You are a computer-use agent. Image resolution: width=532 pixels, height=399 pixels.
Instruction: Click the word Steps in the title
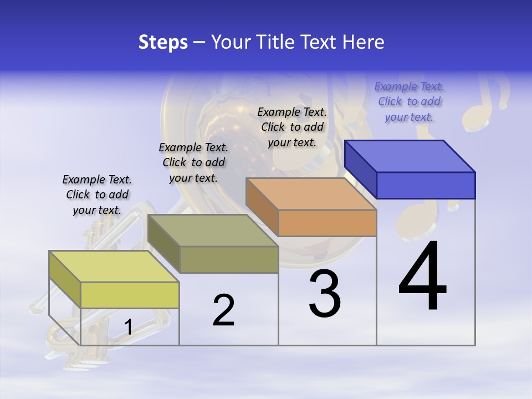[163, 42]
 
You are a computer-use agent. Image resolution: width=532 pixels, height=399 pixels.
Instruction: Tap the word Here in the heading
[364, 42]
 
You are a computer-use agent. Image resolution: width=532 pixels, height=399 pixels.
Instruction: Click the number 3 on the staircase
[325, 294]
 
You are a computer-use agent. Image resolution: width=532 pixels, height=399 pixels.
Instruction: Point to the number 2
[223, 310]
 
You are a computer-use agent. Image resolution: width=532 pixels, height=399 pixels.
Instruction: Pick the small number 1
[128, 328]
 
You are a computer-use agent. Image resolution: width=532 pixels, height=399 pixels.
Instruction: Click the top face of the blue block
[410, 156]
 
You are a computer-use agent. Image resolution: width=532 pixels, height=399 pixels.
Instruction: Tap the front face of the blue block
[426, 185]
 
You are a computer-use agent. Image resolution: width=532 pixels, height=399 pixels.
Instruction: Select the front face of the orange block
[327, 223]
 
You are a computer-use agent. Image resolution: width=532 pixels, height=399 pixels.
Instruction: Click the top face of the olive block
[213, 231]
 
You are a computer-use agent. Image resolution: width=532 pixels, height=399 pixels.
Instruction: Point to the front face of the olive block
[229, 259]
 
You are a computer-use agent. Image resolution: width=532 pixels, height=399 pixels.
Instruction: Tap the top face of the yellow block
[114, 266]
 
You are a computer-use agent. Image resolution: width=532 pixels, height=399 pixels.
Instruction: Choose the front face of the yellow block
[130, 295]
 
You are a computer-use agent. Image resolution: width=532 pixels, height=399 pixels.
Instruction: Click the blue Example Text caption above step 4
[409, 101]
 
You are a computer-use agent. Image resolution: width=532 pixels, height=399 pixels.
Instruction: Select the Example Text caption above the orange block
[292, 127]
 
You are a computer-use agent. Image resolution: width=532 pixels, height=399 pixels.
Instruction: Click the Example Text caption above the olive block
[193, 162]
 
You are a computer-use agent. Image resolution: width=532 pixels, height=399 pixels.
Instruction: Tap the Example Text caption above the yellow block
[97, 195]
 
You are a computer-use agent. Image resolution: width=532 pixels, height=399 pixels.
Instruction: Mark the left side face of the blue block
[361, 168]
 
